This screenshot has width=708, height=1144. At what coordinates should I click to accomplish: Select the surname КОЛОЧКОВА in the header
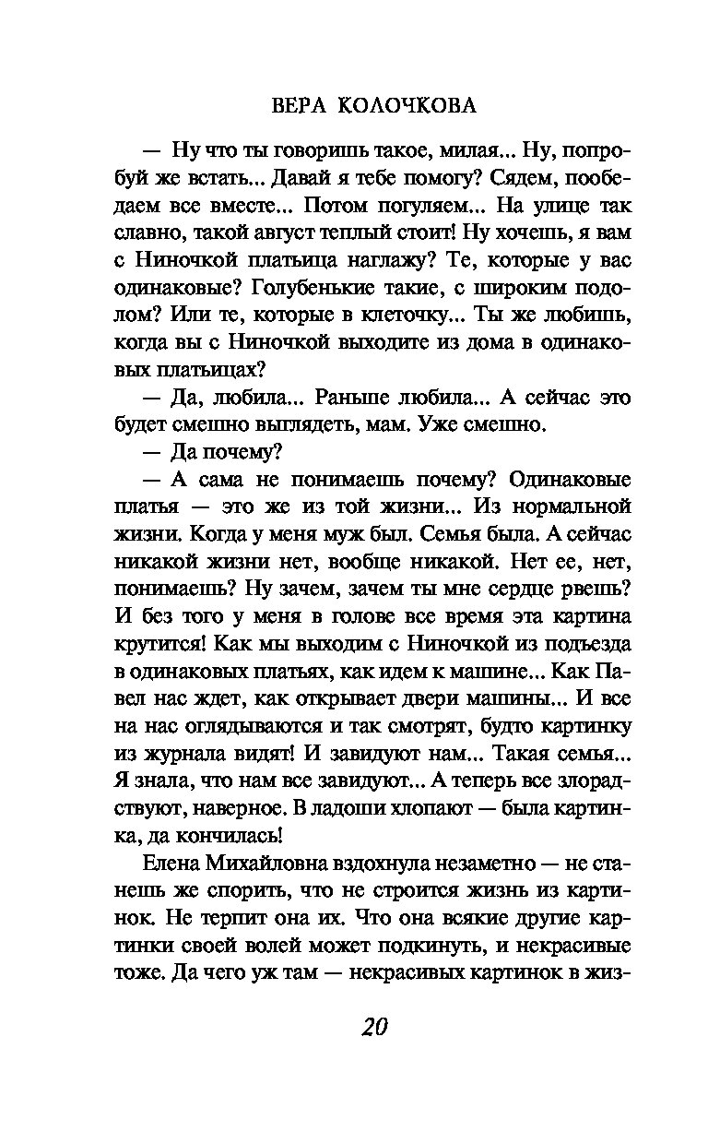(x=405, y=106)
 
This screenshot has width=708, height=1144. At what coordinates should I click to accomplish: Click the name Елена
(x=171, y=864)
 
